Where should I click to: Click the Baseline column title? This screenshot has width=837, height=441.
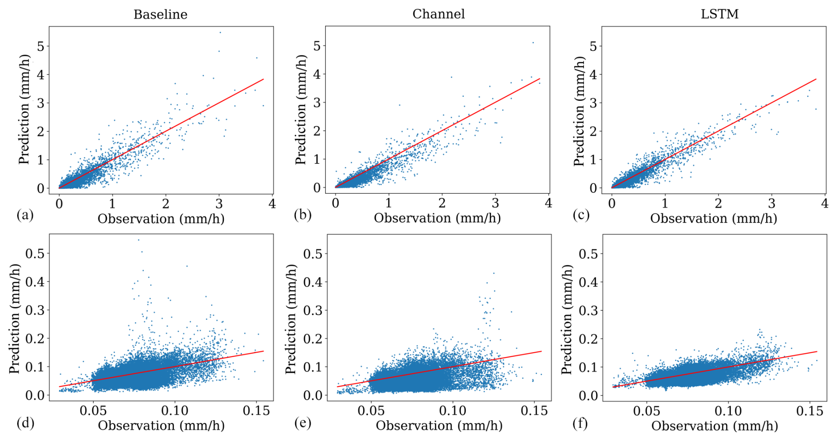[160, 15]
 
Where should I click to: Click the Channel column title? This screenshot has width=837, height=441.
[438, 14]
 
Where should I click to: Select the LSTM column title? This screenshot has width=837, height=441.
[719, 14]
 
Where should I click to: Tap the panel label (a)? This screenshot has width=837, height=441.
[25, 215]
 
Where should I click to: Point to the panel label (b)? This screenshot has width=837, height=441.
[303, 215]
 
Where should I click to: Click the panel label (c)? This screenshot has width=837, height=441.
[581, 215]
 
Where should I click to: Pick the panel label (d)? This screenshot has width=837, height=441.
[25, 423]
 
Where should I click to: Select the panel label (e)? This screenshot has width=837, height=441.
[303, 423]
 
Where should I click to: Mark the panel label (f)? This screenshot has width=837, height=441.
[580, 423]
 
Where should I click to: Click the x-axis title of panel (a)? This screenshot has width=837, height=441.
[161, 219]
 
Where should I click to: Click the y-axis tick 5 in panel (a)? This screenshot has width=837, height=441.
[41, 46]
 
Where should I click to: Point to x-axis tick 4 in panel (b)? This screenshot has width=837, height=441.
[549, 203]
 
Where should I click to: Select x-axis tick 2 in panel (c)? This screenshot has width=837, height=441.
[718, 203]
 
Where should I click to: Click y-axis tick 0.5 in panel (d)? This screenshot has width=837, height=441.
[35, 254]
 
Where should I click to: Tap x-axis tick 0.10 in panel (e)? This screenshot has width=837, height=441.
[452, 411]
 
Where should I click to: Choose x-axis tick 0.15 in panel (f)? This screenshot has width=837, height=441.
[810, 411]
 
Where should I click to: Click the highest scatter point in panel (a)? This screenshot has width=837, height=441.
[220, 32]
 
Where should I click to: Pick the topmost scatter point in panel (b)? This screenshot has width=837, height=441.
[533, 43]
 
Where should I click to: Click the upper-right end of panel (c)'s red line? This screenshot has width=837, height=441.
[816, 79]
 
